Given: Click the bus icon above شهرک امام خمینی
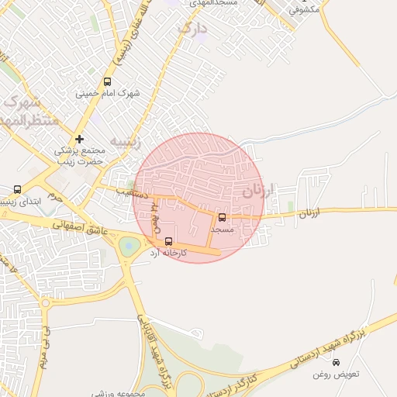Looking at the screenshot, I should [107, 81].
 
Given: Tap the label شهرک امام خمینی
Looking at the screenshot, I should [108, 94].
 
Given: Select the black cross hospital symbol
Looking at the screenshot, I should [79, 138].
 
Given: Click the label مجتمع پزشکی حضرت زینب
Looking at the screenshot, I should [79, 156].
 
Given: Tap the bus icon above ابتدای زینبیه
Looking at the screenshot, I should [18, 189].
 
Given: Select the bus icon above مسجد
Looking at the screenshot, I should [223, 218].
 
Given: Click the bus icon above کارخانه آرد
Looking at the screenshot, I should [169, 241].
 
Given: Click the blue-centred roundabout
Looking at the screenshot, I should [128, 247].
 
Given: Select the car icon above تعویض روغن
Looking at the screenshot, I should [336, 362].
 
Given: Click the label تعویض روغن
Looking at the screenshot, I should [337, 375].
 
